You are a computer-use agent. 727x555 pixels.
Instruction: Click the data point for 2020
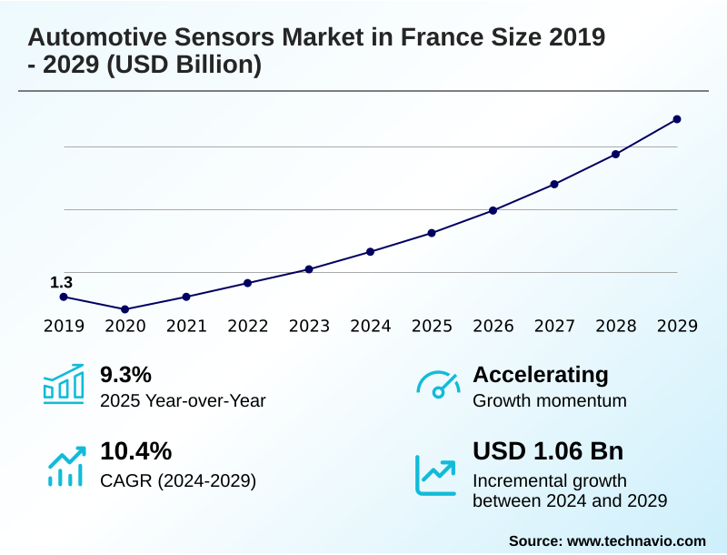[x=125, y=309]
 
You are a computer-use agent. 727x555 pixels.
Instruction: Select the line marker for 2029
[x=677, y=119]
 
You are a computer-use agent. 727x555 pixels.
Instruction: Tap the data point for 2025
[x=432, y=233]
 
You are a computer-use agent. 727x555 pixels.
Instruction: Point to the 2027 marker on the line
[x=554, y=184]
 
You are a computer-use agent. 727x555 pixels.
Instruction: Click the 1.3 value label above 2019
[x=61, y=283]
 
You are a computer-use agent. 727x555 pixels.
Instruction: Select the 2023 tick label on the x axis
[x=309, y=326]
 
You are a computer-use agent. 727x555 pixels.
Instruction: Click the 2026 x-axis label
[x=493, y=326]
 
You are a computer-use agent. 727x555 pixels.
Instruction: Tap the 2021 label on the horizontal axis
[x=186, y=326]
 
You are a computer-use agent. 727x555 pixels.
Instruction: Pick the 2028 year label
[x=616, y=326]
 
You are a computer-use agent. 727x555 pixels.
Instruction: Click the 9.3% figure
[x=125, y=374]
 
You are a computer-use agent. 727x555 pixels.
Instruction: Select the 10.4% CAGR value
[x=135, y=451]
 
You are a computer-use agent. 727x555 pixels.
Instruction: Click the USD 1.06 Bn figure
[x=548, y=451]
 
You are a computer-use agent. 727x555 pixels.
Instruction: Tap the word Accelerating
[x=541, y=374]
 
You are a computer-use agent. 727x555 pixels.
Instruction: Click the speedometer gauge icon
[x=437, y=385]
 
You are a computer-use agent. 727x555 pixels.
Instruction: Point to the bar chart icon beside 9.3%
[x=63, y=384]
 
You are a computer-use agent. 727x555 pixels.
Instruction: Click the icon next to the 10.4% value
[x=65, y=465]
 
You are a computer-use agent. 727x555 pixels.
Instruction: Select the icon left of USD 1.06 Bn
[x=435, y=474]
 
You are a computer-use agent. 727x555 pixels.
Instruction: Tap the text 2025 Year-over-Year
[x=183, y=400]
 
